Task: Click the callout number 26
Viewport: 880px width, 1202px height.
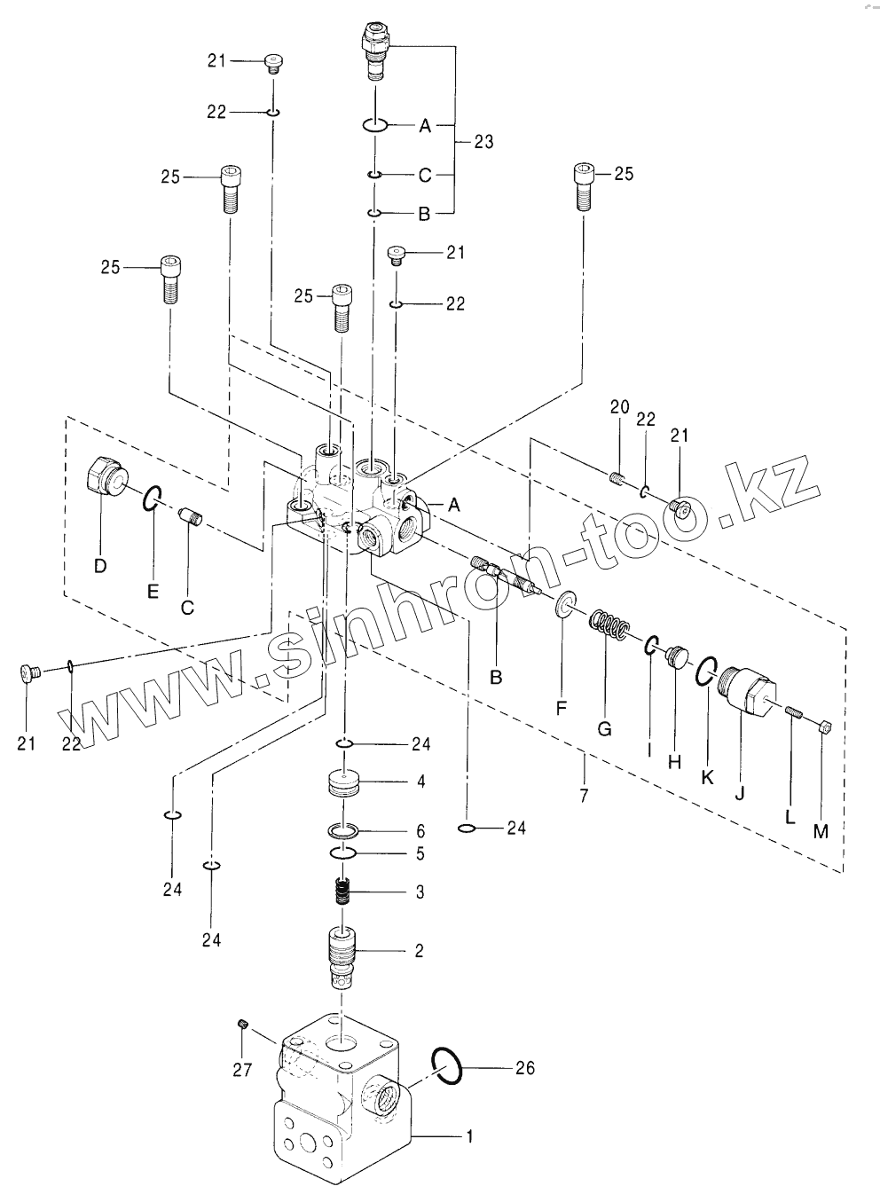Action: click(x=525, y=1068)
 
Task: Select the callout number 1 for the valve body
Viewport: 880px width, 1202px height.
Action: click(x=469, y=1136)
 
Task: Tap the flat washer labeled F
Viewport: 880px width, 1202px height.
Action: click(x=564, y=604)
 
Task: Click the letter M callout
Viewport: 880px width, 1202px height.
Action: click(x=821, y=832)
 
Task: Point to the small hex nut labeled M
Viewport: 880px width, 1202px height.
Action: click(x=825, y=728)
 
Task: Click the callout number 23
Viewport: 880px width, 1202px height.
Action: click(x=483, y=142)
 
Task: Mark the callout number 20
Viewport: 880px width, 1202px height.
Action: click(x=620, y=407)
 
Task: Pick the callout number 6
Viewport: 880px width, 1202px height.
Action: click(x=420, y=832)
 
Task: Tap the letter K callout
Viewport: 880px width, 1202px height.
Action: click(x=708, y=777)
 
